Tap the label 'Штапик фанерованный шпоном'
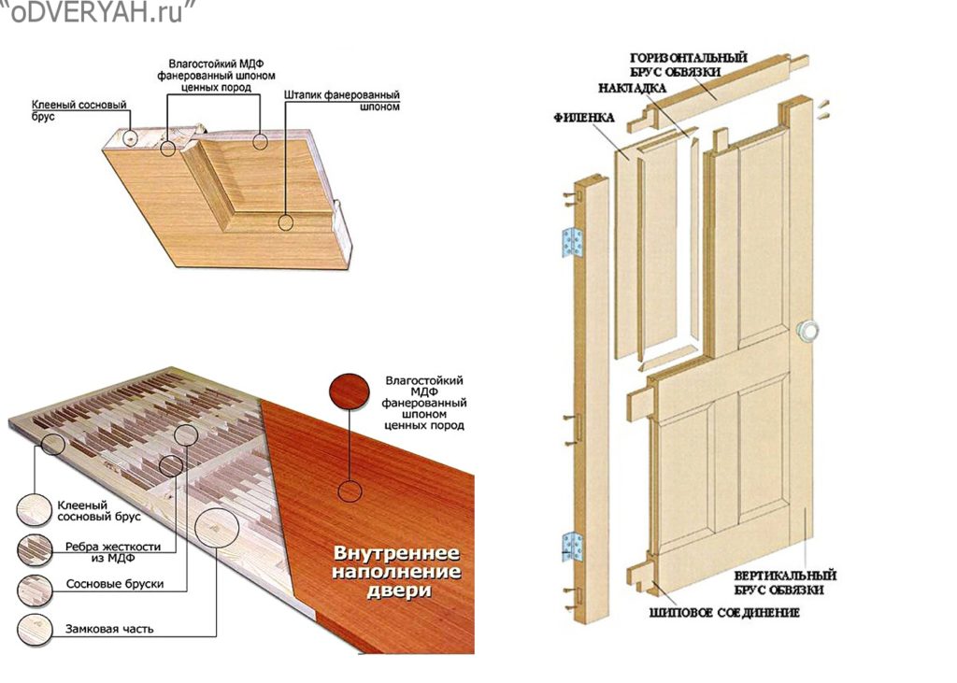pos(341,101)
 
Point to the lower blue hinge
pos(571,546)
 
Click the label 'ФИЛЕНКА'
pos(584,120)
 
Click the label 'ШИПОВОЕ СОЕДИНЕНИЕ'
pos(723,613)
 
